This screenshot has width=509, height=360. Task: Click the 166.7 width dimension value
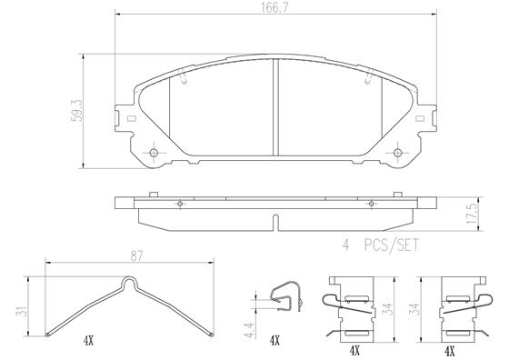274,8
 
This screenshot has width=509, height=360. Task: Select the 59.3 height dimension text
76,111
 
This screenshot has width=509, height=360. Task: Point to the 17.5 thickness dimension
472,214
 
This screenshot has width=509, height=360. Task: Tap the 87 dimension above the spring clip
136,256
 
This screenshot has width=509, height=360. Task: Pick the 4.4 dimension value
250,330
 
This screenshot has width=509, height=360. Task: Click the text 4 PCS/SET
381,245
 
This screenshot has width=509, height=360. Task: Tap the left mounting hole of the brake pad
154,152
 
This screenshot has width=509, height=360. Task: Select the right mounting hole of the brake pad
398,152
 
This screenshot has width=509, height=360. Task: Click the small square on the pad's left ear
132,118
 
